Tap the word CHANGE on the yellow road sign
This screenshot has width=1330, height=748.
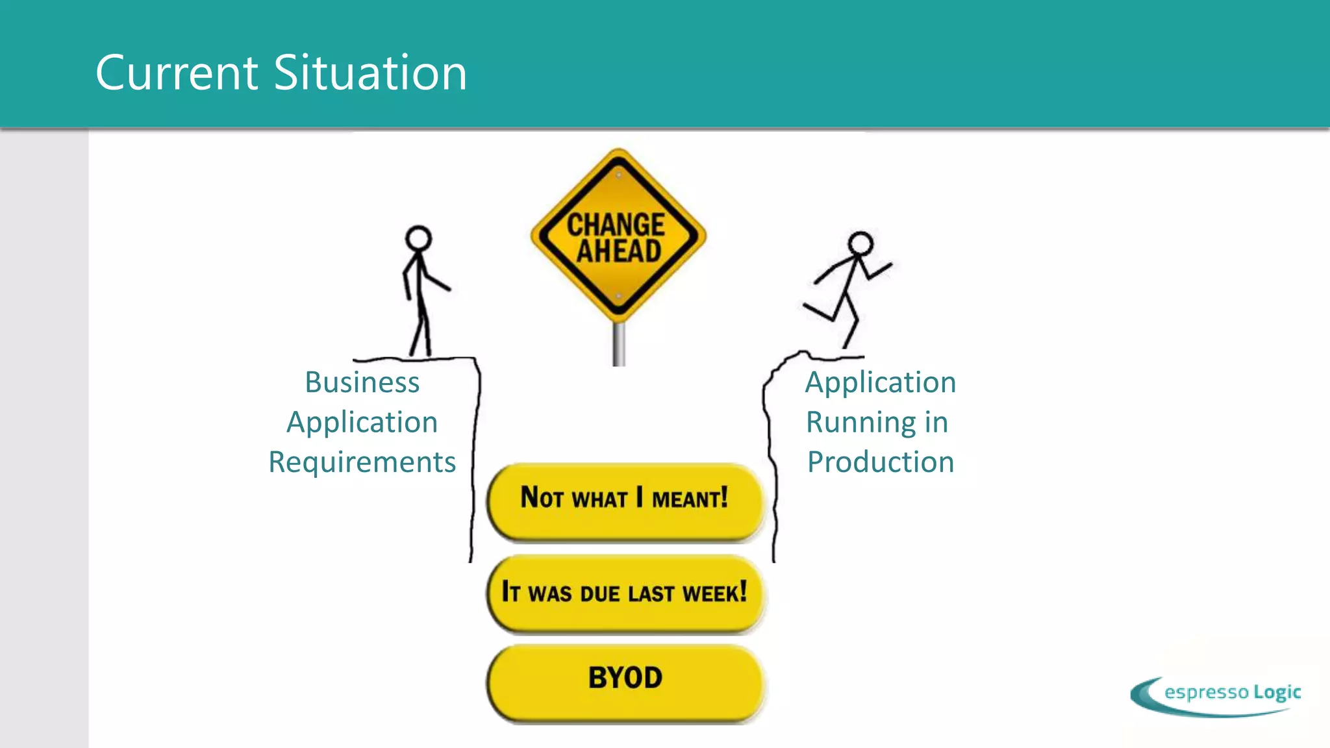[616, 225]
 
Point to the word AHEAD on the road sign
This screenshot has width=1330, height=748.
[619, 251]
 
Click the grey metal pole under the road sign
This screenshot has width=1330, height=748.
[619, 344]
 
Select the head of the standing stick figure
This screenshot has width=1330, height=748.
[418, 238]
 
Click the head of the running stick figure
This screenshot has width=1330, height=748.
[860, 243]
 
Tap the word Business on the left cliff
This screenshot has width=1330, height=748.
[362, 382]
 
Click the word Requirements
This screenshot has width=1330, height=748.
[362, 462]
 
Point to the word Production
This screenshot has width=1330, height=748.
[881, 462]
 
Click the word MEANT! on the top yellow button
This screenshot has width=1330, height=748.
[690, 499]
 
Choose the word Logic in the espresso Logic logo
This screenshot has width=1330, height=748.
[1277, 693]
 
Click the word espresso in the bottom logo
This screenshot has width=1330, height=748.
[1206, 692]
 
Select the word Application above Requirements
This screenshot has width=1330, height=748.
[362, 423]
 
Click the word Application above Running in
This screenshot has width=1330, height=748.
[881, 382]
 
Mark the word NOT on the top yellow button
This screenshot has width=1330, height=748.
[542, 497]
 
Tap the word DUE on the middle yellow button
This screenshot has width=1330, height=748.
[600, 593]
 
